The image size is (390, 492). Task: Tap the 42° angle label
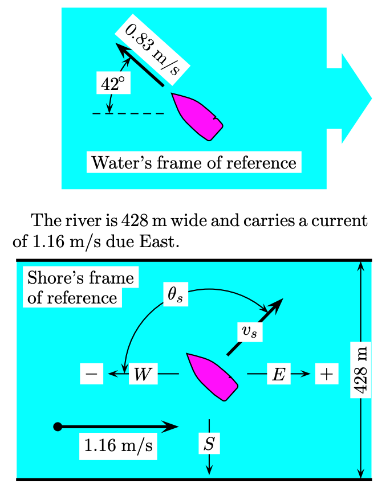[112, 84]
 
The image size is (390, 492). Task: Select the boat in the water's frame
[197, 116]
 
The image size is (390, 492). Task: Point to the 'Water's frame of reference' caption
[194, 163]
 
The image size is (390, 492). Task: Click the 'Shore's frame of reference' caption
[80, 288]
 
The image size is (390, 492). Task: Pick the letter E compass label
[278, 374]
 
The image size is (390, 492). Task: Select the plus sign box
[326, 374]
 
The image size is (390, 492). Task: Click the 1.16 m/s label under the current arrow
[118, 445]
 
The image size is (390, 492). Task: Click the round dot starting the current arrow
[56, 427]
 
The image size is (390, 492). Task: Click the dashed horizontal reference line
[128, 113]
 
